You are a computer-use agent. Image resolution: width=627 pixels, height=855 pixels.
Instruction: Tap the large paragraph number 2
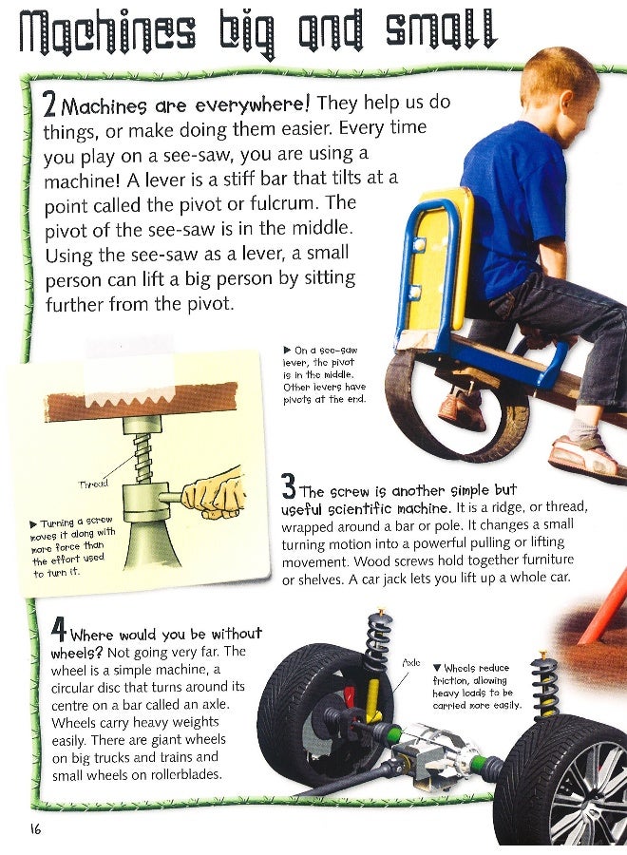(49, 104)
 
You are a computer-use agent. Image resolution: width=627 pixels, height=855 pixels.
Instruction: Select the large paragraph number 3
(289, 487)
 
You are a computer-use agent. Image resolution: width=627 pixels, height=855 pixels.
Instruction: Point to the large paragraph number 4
(59, 630)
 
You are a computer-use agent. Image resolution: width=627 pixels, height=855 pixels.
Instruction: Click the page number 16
(36, 829)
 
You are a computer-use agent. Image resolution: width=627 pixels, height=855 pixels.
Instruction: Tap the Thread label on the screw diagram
(93, 484)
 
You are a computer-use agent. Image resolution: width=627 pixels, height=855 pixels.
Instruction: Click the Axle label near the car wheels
(411, 662)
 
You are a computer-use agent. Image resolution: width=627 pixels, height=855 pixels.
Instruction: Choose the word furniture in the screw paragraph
(548, 560)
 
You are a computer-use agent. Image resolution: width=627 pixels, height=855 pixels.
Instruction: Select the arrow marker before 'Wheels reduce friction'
(437, 668)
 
